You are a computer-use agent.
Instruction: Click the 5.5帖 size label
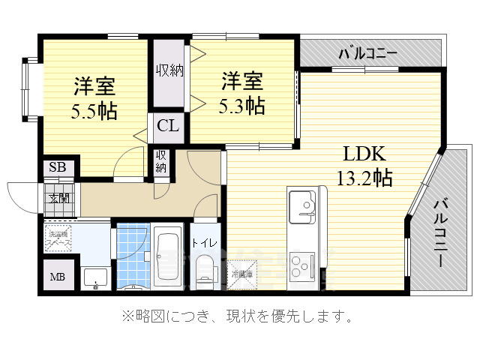(x=94, y=112)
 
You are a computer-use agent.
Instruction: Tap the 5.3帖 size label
(x=242, y=104)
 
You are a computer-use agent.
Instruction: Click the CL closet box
(x=168, y=126)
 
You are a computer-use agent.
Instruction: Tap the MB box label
(x=58, y=277)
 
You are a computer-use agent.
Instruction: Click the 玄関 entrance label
(x=58, y=198)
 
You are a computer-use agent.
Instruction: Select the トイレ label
(x=204, y=242)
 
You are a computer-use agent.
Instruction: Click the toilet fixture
(x=203, y=271)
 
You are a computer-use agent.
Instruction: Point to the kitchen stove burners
(x=303, y=265)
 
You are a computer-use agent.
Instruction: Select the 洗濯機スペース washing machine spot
(x=58, y=238)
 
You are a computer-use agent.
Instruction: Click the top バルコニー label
(x=367, y=53)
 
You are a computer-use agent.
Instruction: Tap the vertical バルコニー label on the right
(x=442, y=232)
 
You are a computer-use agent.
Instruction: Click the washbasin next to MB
(x=94, y=277)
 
